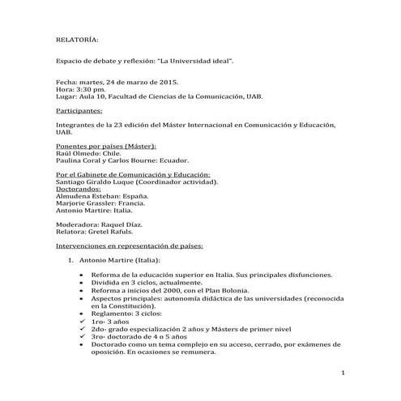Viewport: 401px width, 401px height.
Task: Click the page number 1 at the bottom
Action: click(x=344, y=373)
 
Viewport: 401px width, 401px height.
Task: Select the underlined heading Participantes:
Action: click(x=79, y=109)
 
